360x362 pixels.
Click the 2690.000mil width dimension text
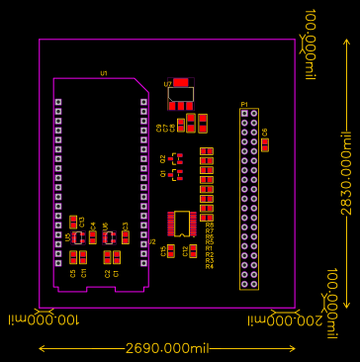click(x=167, y=348)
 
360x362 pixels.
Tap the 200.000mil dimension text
click(x=295, y=319)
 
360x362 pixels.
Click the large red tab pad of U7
click(x=181, y=82)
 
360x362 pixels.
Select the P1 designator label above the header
click(x=244, y=102)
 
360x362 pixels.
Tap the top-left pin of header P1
click(x=244, y=113)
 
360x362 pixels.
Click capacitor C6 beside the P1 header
click(x=265, y=144)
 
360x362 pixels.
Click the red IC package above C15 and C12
click(x=181, y=224)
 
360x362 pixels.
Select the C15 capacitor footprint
click(x=171, y=251)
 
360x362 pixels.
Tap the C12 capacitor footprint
click(x=193, y=251)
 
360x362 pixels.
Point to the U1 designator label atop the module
click(x=103, y=73)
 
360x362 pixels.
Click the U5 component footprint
click(x=79, y=237)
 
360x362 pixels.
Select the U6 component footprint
click(x=110, y=237)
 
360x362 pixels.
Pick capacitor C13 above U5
click(x=74, y=221)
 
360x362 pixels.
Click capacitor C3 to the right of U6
click(x=126, y=237)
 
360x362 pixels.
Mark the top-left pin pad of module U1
click(x=58, y=103)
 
